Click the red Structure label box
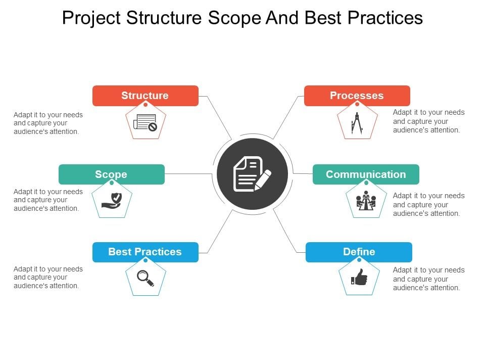(145, 96)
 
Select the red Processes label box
(357, 96)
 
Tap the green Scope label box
(111, 174)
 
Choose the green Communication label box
(366, 174)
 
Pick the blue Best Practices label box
(145, 252)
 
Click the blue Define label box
(359, 252)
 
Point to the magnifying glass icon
(145, 278)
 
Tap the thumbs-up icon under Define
(359, 277)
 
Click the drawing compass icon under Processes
(357, 123)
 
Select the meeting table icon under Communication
(366, 200)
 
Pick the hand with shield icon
(112, 201)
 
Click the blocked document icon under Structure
(145, 122)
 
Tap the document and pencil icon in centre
(252, 173)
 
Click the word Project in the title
(91, 18)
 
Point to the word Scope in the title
(235, 18)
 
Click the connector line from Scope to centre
(188, 173)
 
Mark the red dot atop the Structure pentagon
(145, 105)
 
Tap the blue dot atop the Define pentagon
(359, 260)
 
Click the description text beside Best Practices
(48, 278)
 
